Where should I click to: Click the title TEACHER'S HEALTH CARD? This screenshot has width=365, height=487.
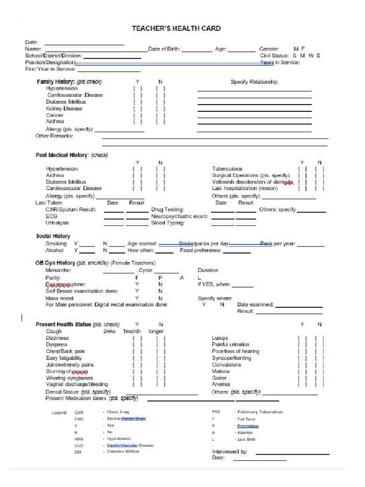pos(176,29)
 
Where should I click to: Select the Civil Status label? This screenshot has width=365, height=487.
pos(274,56)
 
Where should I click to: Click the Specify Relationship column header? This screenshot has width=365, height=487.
pos(254,82)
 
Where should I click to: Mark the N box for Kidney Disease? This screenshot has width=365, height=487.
pos(161,108)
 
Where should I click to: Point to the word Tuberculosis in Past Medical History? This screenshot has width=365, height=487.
pos(227,169)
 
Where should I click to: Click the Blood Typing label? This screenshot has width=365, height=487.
pos(168,223)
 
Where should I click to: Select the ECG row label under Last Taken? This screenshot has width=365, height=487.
pos(51,216)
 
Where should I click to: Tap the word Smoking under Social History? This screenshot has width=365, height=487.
pos(56,243)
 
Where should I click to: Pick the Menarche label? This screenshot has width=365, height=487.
pos(58,270)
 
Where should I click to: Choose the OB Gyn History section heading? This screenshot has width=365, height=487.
pos(55,263)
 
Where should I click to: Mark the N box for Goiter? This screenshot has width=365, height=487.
pos(319,378)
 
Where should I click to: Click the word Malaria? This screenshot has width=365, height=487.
pos(221,371)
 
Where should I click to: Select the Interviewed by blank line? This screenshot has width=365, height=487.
pos(292,454)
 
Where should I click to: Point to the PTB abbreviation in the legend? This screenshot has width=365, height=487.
pos(216,412)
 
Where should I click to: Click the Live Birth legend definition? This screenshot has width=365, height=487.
pos(247,439)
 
